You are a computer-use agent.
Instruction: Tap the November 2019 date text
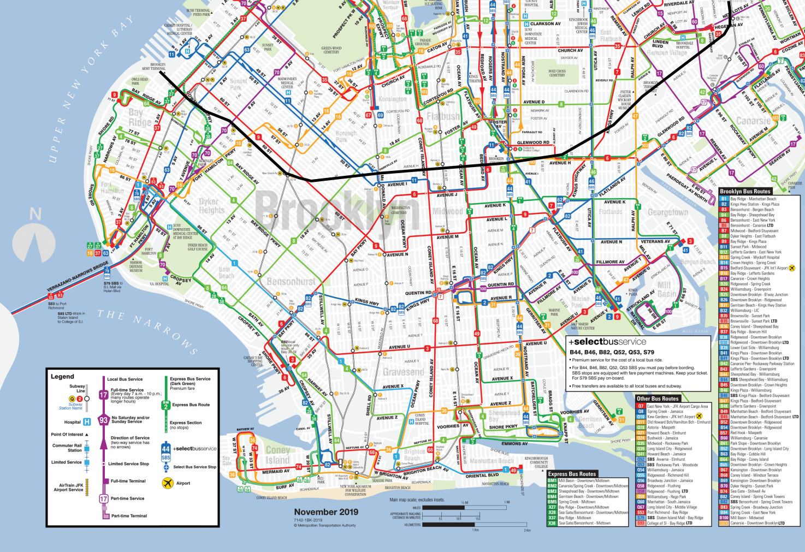click(326, 512)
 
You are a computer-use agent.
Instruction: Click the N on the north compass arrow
click(35, 214)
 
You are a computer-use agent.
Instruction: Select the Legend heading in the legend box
click(62, 377)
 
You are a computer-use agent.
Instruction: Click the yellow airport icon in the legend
click(168, 483)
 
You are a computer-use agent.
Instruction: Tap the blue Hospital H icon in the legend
click(86, 422)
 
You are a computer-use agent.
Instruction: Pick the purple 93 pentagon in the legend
click(103, 420)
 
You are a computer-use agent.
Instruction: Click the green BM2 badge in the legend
click(165, 405)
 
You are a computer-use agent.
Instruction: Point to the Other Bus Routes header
click(658, 399)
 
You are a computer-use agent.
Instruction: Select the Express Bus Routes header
click(572, 474)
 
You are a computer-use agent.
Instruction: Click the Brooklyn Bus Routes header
click(745, 192)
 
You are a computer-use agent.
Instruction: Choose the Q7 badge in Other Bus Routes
click(641, 406)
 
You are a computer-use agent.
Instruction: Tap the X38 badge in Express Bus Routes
click(552, 523)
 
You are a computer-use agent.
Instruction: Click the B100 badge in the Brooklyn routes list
click(724, 518)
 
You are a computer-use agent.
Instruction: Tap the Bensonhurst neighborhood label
click(291, 282)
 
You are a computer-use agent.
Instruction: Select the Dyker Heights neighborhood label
click(212, 206)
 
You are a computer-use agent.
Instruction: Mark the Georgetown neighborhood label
click(668, 212)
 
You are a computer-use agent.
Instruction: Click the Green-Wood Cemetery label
click(331, 50)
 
